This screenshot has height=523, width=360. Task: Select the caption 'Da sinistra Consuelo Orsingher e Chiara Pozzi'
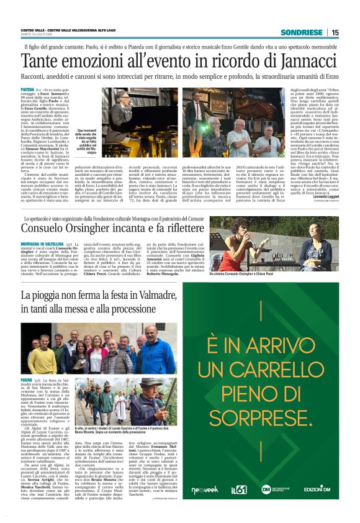click(271, 275)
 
